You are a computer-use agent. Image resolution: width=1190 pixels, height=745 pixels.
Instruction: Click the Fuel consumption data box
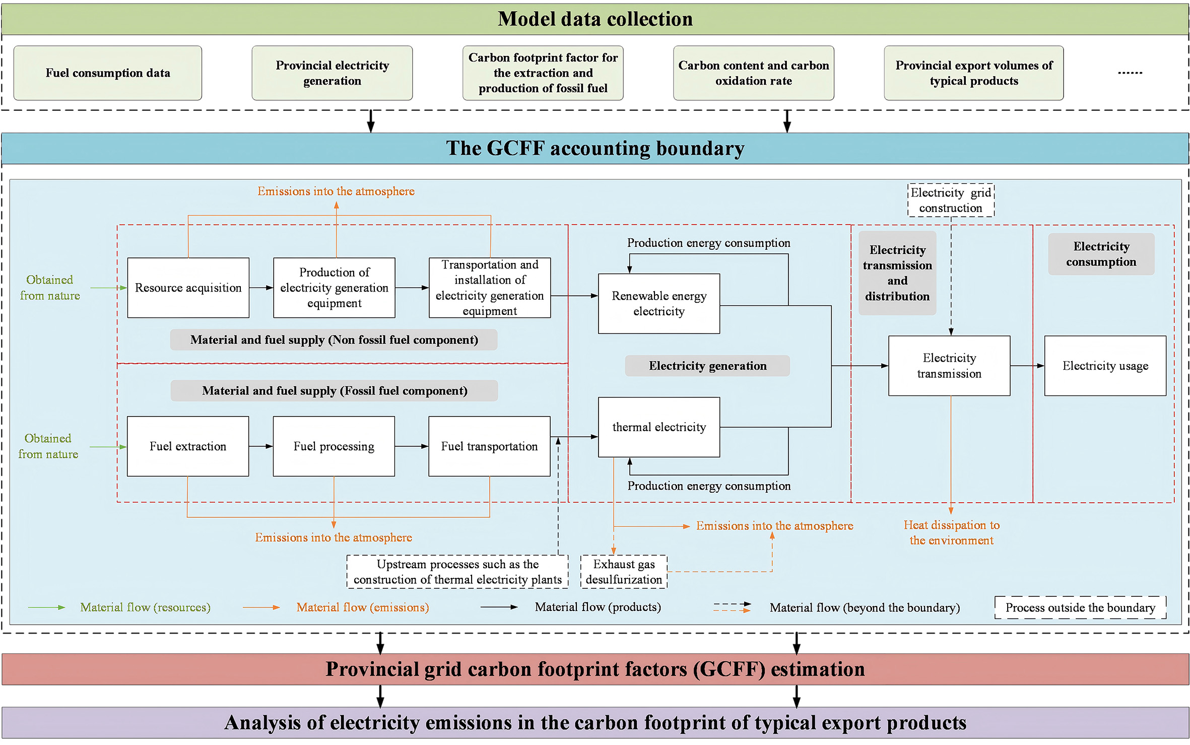coord(107,73)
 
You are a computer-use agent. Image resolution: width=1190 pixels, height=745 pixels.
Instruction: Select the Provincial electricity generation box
coord(332,73)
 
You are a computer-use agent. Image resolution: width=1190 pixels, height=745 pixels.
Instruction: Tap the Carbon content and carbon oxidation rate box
coord(753,73)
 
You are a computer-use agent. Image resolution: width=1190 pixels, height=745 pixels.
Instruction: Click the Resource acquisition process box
coord(188,288)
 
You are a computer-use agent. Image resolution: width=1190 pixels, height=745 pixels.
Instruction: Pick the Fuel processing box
coord(334,446)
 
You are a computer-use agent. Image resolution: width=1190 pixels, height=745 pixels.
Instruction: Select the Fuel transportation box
coord(489,446)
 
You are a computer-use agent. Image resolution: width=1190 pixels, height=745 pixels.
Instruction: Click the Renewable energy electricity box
coord(658,304)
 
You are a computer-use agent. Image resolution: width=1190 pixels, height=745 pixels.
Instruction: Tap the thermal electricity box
coord(658,427)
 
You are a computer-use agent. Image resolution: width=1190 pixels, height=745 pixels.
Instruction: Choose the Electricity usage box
coord(1105,366)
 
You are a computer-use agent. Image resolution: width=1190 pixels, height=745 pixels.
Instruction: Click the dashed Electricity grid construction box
coord(951,200)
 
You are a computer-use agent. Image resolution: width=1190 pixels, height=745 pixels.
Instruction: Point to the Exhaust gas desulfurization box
coord(624,572)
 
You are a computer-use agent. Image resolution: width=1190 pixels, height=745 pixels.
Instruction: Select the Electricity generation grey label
coord(707,366)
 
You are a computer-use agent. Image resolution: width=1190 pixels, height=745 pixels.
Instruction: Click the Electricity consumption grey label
coord(1101,254)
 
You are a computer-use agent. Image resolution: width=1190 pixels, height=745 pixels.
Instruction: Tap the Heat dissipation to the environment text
coord(951,532)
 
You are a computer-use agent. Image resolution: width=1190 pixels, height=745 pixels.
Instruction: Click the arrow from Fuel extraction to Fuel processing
coord(260,446)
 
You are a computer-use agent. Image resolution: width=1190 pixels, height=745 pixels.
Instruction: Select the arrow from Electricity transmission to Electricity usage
coord(1027,366)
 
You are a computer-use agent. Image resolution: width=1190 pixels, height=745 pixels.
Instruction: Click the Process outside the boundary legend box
coord(1080,607)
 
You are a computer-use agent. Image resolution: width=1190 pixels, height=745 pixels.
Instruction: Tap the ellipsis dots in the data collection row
coord(1130,73)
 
